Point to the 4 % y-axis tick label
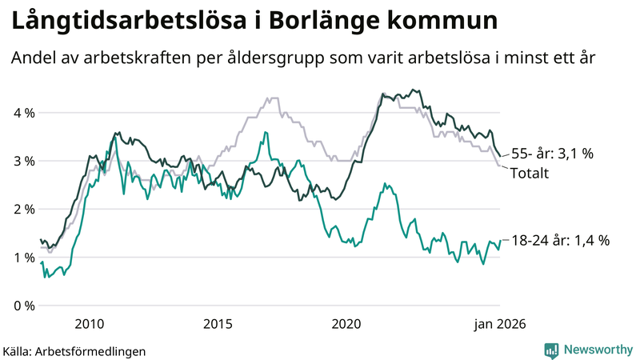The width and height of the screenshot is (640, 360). coord(23,113)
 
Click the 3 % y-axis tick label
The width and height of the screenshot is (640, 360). coord(23,161)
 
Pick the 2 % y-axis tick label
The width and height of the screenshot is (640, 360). coord(23,209)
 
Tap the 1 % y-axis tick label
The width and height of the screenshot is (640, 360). coord(23,257)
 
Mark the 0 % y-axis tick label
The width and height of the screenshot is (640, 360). coord(23,305)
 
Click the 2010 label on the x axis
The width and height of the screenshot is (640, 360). coord(89,323)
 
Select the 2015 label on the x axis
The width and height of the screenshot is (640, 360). coord(218,323)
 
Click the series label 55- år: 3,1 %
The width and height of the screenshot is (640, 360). coord(551,153)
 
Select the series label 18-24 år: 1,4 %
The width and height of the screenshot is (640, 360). coord(559,239)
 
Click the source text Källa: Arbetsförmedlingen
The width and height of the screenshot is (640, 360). coord(74,350)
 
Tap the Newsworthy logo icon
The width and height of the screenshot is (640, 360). coord(551,350)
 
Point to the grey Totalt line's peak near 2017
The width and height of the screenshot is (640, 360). coord(272,98)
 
